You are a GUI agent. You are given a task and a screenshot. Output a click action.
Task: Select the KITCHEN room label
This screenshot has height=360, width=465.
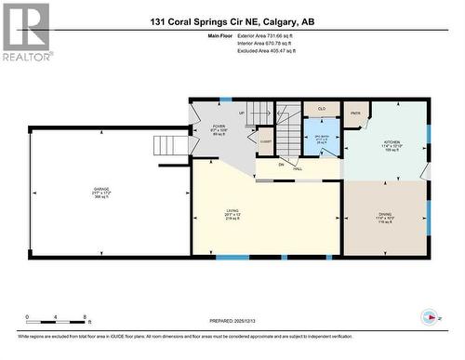click(x=388, y=144)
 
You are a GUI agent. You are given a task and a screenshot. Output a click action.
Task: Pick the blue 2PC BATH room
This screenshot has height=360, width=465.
click(x=321, y=140)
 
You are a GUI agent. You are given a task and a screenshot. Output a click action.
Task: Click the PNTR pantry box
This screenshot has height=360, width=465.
click(x=355, y=115)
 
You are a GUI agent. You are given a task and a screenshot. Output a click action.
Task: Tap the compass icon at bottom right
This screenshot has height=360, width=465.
click(x=429, y=316)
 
